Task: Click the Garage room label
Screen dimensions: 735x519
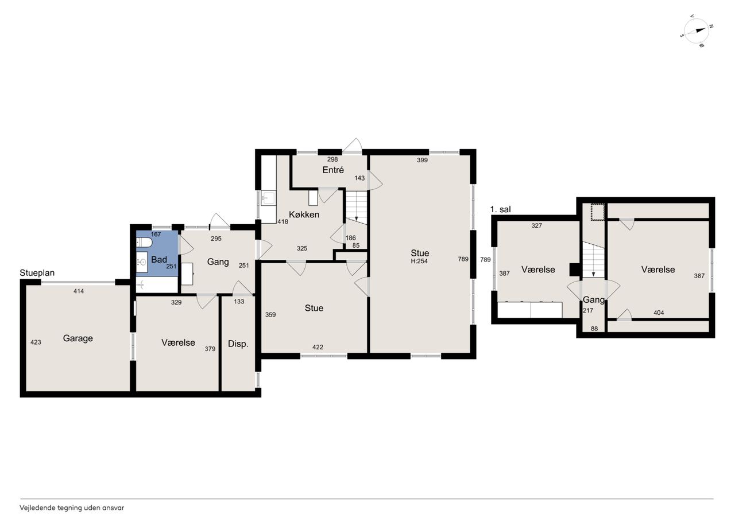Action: (78, 338)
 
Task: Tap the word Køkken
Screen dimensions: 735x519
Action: (304, 214)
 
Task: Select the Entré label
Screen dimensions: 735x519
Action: (333, 170)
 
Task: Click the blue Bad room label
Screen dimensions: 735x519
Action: (159, 259)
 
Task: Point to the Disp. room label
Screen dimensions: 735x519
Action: (238, 344)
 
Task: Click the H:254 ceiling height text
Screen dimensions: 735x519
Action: (419, 261)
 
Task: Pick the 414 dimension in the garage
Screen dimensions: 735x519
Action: (79, 291)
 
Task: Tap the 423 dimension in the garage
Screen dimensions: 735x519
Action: (36, 342)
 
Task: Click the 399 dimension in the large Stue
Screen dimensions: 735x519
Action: (422, 160)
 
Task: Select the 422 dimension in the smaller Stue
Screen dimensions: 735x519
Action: (318, 347)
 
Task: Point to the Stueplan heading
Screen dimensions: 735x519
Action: (37, 272)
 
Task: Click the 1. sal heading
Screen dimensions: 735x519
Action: (500, 209)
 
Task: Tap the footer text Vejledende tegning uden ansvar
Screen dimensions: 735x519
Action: (72, 508)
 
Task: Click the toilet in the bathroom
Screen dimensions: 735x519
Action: (144, 243)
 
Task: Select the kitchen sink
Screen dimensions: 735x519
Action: (268, 198)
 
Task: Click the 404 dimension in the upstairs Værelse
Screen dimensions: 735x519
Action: (659, 313)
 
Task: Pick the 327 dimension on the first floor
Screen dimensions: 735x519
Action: (536, 226)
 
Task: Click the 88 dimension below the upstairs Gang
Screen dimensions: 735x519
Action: (594, 329)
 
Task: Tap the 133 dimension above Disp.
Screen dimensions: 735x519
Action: (239, 302)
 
